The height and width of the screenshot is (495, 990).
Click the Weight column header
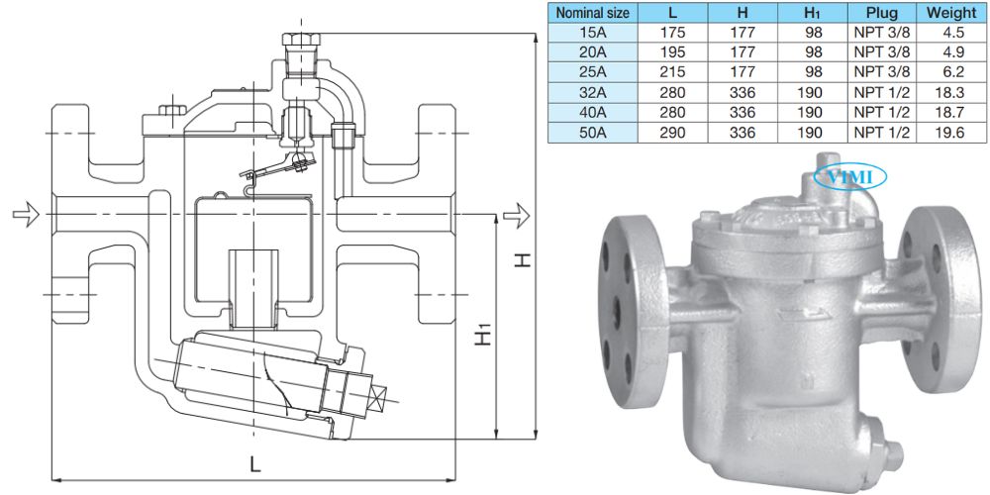pyautogui.click(x=950, y=12)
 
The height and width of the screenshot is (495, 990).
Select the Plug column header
pyautogui.click(x=881, y=12)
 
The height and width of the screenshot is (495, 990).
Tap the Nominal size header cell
pyautogui.click(x=593, y=12)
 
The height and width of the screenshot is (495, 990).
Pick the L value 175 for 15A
pyautogui.click(x=672, y=33)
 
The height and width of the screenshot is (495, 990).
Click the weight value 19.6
pyautogui.click(x=950, y=133)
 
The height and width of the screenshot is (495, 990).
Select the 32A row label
pyautogui.click(x=593, y=93)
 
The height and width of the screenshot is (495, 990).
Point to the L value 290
pyautogui.click(x=672, y=133)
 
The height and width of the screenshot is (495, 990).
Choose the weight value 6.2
pyautogui.click(x=950, y=72)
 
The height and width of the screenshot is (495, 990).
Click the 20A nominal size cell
pyautogui.click(x=593, y=52)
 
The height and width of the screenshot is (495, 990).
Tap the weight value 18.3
pyautogui.click(x=950, y=93)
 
